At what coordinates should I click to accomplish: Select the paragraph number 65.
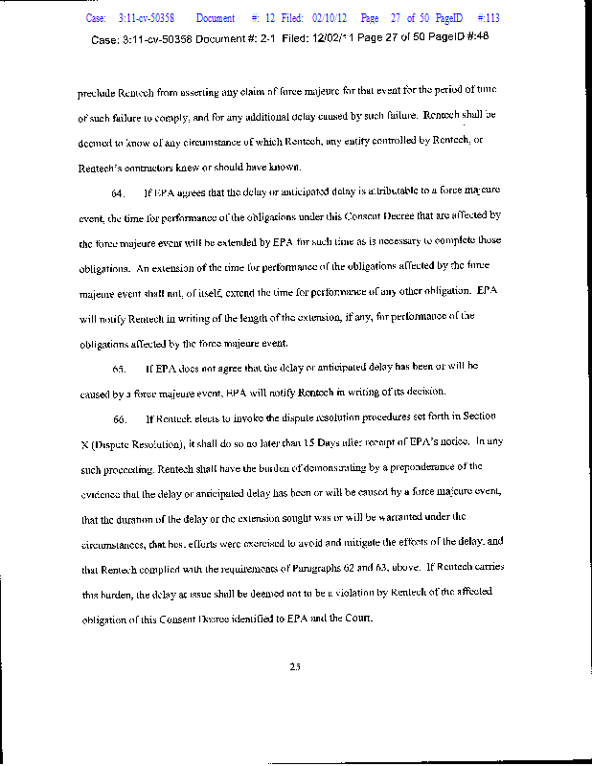tap(120, 368)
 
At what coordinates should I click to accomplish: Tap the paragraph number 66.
tap(120, 418)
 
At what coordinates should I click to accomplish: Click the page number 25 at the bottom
tap(295, 668)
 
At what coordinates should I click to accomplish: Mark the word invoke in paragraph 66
tap(228, 418)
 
